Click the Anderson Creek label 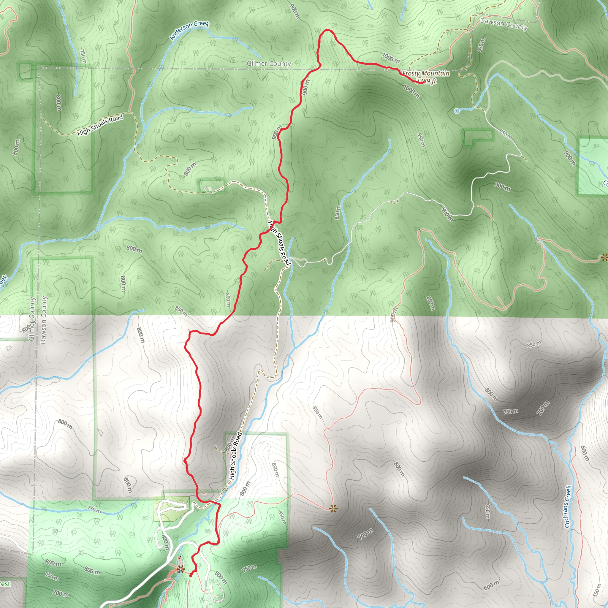tap(189, 31)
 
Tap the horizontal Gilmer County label tap(268, 64)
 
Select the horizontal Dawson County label tap(503, 24)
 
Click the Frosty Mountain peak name tap(426, 73)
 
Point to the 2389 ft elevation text tap(426, 81)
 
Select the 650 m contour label tap(487, 512)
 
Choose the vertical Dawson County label tap(43, 320)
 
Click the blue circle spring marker tap(457, 111)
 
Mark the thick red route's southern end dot tap(191, 575)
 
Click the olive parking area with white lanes tap(172, 509)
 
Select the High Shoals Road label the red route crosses tap(278, 243)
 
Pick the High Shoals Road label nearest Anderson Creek tap(100, 125)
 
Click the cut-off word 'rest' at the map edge tap(5, 584)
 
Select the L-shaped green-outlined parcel tap(478, 138)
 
